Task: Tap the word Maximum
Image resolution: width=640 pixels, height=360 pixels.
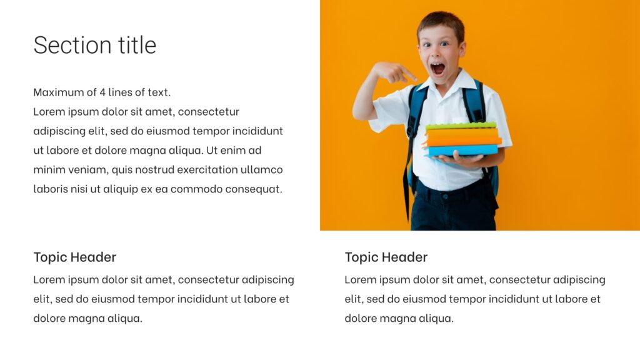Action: (x=57, y=92)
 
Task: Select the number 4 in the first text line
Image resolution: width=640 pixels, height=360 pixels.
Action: (x=102, y=92)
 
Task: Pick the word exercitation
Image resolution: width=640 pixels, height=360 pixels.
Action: (x=208, y=169)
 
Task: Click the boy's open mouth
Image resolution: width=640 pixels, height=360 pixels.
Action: (x=437, y=68)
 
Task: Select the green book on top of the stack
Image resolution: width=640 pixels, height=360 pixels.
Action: (x=461, y=126)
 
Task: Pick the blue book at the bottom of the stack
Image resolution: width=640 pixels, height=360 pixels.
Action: (x=462, y=150)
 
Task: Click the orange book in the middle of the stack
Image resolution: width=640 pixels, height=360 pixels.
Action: (x=462, y=137)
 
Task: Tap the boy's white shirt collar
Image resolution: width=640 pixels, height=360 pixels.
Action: (x=459, y=83)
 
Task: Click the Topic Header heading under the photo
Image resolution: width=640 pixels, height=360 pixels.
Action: (x=386, y=257)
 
